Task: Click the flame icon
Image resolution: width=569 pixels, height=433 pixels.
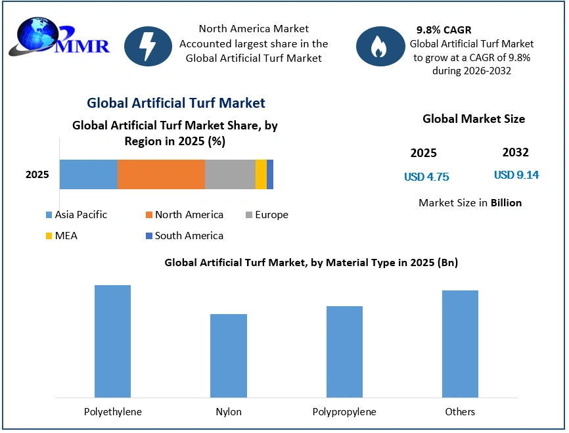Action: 380,46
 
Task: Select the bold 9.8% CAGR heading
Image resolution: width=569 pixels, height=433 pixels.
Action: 444,30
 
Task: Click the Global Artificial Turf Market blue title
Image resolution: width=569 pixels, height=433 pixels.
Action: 176,103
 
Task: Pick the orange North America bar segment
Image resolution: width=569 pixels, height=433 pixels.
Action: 161,175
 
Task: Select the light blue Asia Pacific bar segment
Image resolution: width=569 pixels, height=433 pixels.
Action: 88,175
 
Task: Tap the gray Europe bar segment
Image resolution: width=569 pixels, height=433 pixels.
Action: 230,175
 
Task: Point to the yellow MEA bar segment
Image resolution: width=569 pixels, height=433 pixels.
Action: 261,175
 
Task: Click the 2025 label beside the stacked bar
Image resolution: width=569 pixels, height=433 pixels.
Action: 37,175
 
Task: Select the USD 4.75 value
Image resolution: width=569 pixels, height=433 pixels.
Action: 426,177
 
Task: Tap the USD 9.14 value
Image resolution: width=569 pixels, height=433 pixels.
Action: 516,175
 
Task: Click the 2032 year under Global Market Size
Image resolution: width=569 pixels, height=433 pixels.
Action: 515,152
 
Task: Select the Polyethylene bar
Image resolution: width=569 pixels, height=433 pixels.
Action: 112,341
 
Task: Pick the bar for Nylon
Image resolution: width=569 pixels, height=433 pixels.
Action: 229,355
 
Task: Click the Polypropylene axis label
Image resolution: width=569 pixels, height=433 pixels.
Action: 344,412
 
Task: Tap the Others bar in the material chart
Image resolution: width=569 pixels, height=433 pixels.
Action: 460,344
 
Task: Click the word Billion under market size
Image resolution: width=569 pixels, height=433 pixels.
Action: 506,202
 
